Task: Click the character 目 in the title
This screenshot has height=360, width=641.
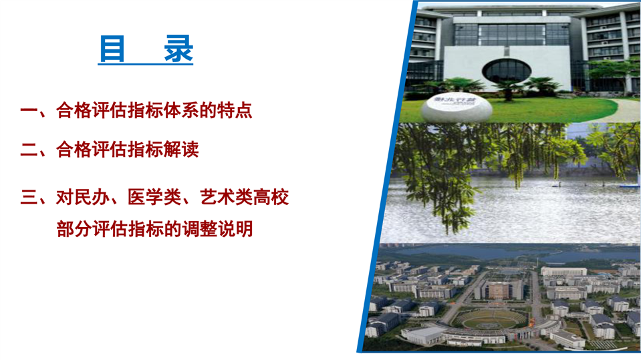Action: (112, 49)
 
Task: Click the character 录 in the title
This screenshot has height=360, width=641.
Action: (178, 49)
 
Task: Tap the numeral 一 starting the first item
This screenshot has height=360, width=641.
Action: (29, 110)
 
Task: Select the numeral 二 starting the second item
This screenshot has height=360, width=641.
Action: (29, 150)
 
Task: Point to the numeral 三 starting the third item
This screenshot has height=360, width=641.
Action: (29, 197)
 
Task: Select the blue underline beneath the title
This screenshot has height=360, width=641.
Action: (145, 63)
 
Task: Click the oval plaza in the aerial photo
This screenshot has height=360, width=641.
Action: (492, 319)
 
